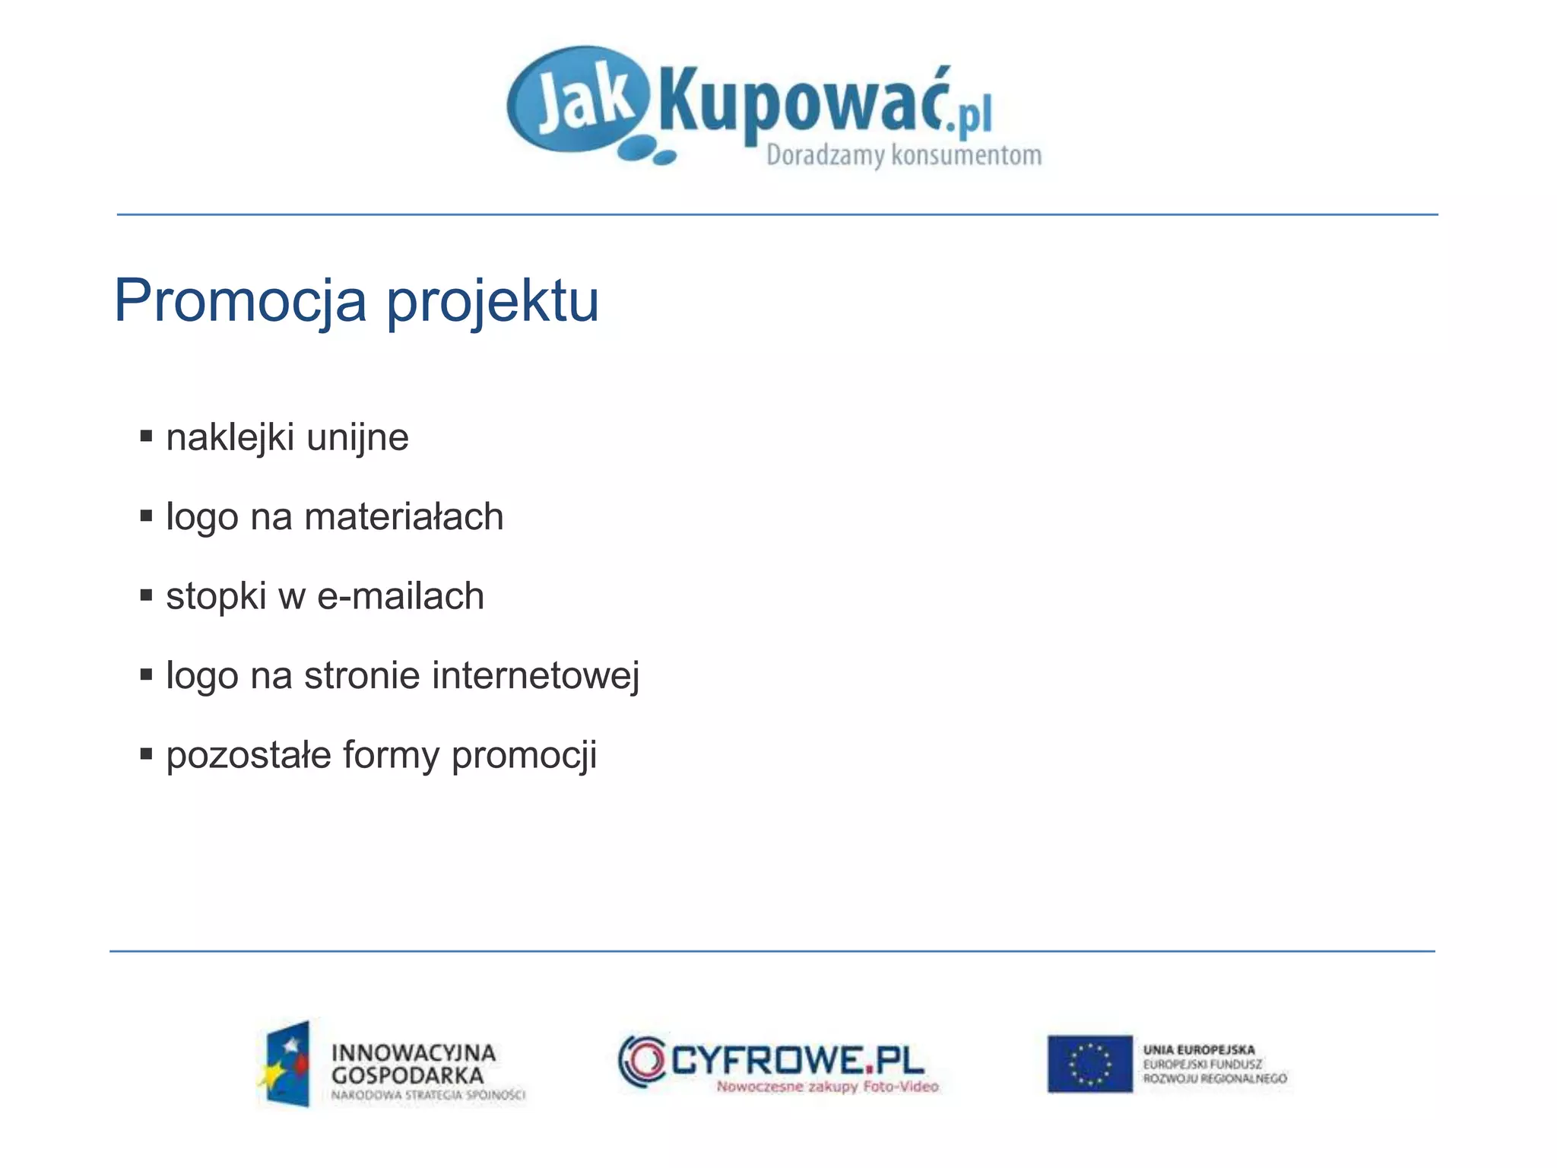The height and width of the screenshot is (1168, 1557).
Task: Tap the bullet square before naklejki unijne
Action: pos(147,436)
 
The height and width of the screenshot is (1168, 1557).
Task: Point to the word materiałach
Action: pos(404,517)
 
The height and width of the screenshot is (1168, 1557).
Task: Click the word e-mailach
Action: pos(400,596)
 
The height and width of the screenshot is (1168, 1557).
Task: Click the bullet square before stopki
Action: pos(147,595)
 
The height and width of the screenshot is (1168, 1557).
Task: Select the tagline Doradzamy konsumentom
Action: pos(903,155)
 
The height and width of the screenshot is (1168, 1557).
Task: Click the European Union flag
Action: pos(1089,1063)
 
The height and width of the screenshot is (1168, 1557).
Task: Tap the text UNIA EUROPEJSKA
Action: pos(1199,1050)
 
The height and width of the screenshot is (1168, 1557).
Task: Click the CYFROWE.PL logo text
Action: pos(797,1059)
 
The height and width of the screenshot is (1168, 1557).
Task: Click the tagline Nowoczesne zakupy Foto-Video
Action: pos(827,1087)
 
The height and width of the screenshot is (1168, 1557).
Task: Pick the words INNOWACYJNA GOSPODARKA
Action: pos(413,1064)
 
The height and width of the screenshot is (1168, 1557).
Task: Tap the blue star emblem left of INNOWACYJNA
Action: pos(286,1064)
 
